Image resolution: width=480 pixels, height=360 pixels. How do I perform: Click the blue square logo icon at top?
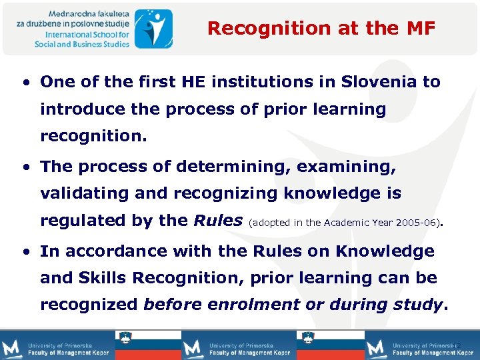153,27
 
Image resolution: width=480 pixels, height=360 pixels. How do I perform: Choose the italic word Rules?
217,221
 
